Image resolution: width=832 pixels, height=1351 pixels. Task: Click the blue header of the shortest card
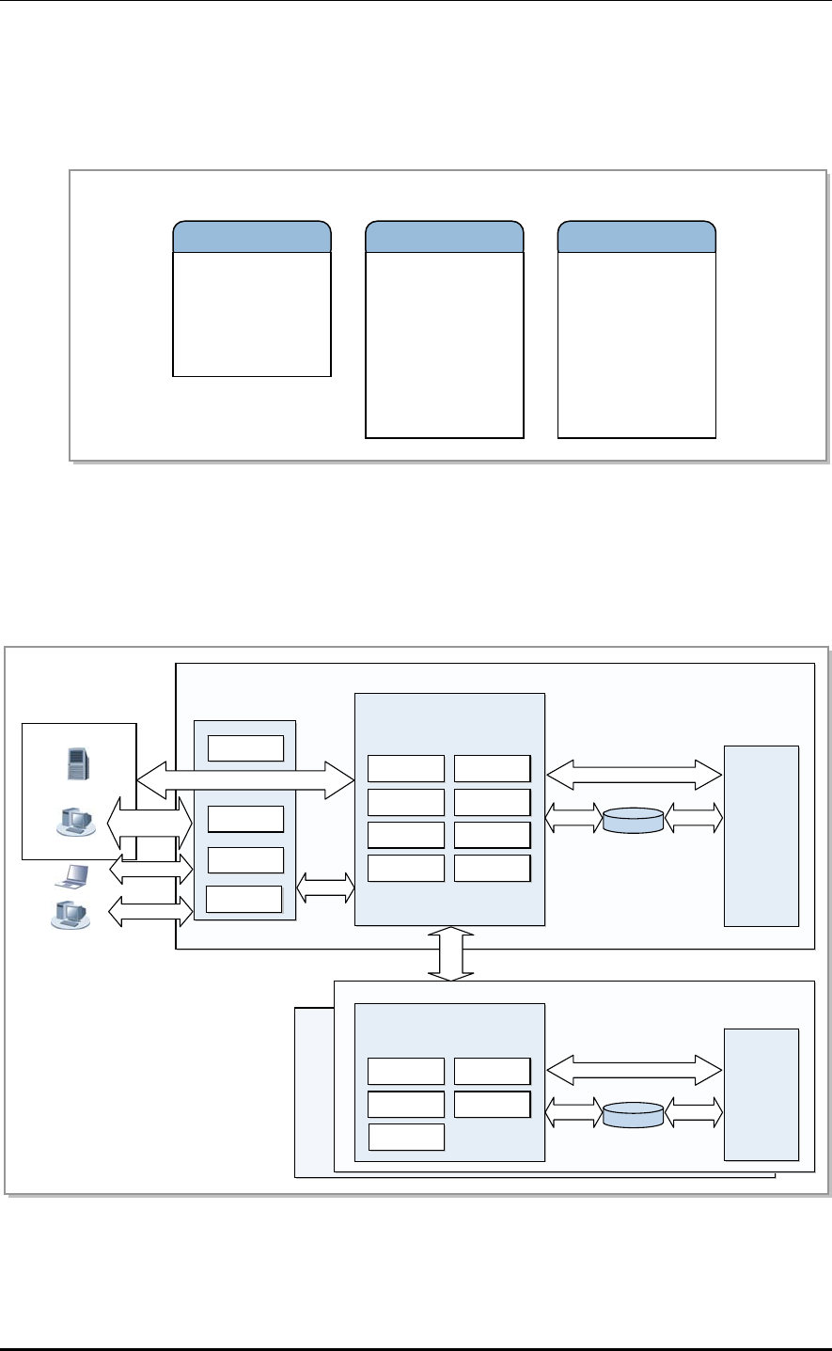click(x=252, y=237)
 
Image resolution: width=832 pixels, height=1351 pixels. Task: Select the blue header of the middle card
click(x=444, y=237)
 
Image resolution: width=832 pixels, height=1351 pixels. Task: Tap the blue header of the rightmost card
click(x=636, y=237)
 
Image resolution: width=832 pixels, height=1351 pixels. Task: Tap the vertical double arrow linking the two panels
click(x=452, y=953)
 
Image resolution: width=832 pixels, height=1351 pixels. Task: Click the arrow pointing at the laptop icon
click(x=150, y=871)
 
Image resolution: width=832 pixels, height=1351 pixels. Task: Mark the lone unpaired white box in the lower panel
click(x=405, y=1136)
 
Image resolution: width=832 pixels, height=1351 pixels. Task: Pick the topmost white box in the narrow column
click(x=245, y=747)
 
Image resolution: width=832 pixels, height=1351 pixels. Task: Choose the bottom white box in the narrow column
click(x=243, y=899)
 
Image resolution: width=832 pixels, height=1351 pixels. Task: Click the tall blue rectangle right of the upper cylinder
click(x=761, y=836)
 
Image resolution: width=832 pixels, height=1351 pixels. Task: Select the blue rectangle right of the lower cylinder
click(x=761, y=1094)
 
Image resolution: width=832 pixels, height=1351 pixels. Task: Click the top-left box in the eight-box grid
click(x=405, y=768)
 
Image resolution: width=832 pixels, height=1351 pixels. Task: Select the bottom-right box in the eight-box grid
click(x=492, y=868)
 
